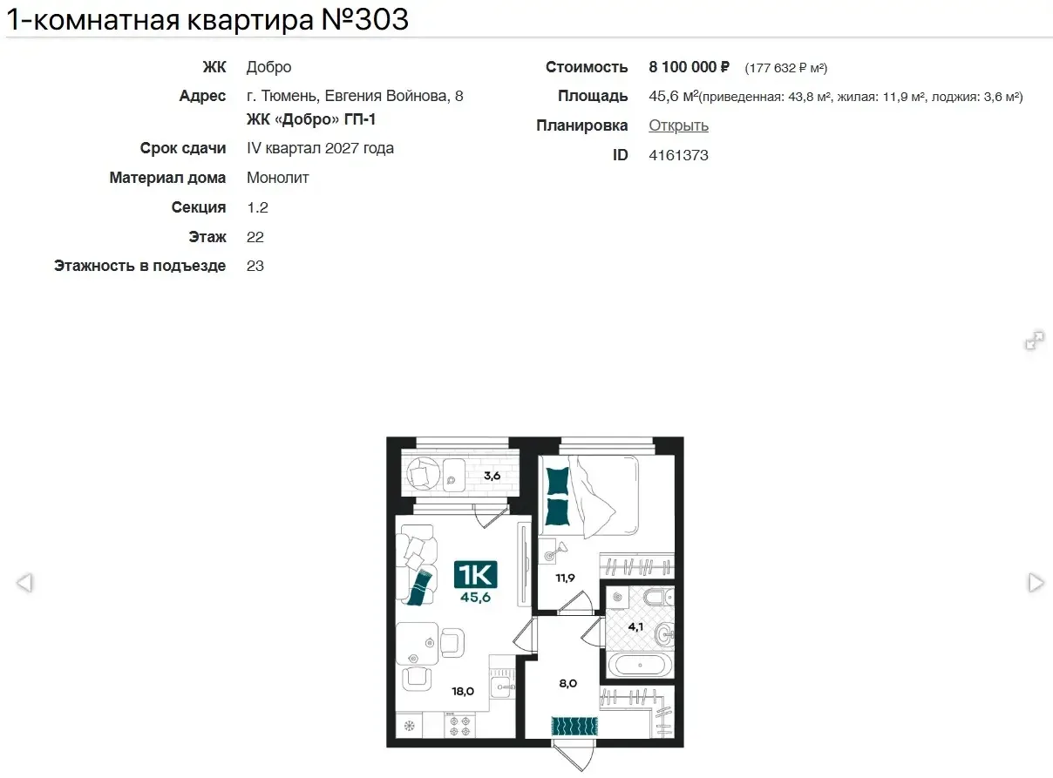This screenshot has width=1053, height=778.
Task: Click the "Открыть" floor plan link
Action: click(678, 125)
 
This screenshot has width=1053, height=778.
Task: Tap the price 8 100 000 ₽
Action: click(689, 67)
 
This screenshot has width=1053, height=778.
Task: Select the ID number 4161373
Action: click(678, 155)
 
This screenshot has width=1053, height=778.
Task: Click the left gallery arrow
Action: click(24, 583)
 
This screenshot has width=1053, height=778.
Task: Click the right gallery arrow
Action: click(1036, 583)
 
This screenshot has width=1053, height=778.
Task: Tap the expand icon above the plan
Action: click(1035, 341)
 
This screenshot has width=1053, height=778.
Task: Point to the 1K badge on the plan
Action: click(476, 574)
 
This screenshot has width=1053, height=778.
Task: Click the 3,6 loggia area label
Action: click(492, 475)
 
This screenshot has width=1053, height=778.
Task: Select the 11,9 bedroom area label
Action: click(565, 578)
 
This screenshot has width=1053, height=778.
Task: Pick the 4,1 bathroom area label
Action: click(635, 626)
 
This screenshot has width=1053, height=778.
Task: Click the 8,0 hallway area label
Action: click(567, 683)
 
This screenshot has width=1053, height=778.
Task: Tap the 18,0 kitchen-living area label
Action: click(463, 691)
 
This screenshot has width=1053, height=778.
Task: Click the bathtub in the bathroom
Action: click(640, 665)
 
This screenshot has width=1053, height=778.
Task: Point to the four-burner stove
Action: click(459, 726)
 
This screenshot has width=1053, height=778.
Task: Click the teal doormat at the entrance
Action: click(574, 727)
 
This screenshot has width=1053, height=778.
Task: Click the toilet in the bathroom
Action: click(658, 597)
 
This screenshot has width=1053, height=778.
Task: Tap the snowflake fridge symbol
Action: click(409, 726)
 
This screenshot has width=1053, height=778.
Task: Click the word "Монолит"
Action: click(278, 178)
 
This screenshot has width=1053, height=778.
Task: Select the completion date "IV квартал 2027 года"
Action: click(320, 148)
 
